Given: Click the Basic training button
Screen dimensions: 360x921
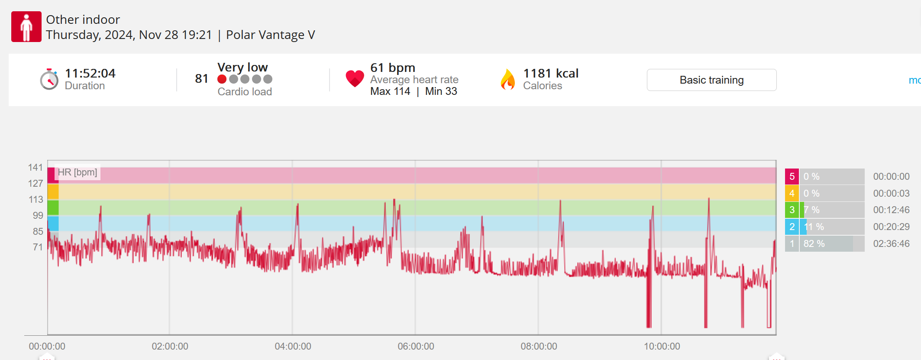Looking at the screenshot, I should (x=711, y=80).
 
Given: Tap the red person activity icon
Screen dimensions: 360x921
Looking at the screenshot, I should (x=26, y=26).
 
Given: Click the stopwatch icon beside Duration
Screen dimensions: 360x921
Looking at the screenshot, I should (x=49, y=79).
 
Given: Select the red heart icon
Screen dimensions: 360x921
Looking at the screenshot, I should (x=355, y=78).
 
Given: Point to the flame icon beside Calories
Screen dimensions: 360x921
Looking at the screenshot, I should (x=507, y=79).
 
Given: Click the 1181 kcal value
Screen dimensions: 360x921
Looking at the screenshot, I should (x=551, y=73).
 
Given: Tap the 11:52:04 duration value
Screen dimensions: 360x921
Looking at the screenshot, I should (x=90, y=73).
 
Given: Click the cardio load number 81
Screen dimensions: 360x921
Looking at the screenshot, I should (x=201, y=78).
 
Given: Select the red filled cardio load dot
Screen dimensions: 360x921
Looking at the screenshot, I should (x=222, y=79).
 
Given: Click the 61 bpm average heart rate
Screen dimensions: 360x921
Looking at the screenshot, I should (x=392, y=68).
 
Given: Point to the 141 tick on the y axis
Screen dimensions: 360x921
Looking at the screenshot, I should (x=36, y=168).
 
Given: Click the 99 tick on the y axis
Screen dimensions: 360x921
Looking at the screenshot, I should (x=38, y=215).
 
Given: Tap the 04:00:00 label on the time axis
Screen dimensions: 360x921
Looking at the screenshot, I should (x=293, y=346).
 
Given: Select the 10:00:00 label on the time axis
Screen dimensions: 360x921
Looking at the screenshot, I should (x=662, y=346).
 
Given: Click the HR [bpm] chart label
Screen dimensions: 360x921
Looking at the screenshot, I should (x=78, y=172).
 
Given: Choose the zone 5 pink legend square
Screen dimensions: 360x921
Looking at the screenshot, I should (x=792, y=176).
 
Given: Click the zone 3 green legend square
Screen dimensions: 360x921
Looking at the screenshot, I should (x=792, y=210).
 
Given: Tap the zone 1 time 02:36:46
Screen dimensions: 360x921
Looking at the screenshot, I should (x=891, y=243).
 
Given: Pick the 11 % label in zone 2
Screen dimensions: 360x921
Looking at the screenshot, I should (x=814, y=227).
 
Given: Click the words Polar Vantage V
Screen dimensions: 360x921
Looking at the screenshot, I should (x=270, y=35).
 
